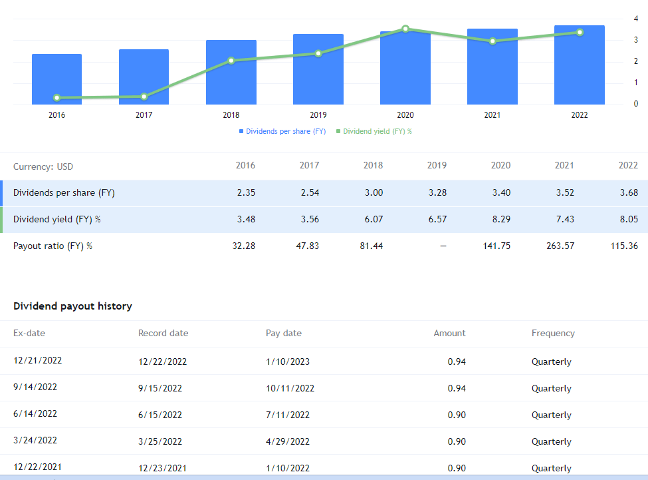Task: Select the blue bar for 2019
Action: click(x=318, y=69)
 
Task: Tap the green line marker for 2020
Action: click(x=405, y=29)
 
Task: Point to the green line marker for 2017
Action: click(x=144, y=97)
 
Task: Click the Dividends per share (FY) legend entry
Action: click(x=282, y=131)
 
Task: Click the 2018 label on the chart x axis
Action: click(x=231, y=115)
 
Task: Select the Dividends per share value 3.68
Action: click(x=627, y=193)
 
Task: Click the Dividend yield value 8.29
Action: click(x=500, y=219)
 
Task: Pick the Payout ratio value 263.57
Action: click(x=560, y=246)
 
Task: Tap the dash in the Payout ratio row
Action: click(x=443, y=246)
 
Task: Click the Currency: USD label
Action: click(x=43, y=166)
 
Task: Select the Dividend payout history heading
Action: click(x=72, y=306)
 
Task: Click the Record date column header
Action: click(x=163, y=333)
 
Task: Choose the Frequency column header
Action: click(x=553, y=333)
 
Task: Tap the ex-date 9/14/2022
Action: click(x=35, y=387)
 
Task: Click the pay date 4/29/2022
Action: click(x=287, y=441)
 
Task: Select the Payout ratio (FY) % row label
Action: click(x=53, y=246)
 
